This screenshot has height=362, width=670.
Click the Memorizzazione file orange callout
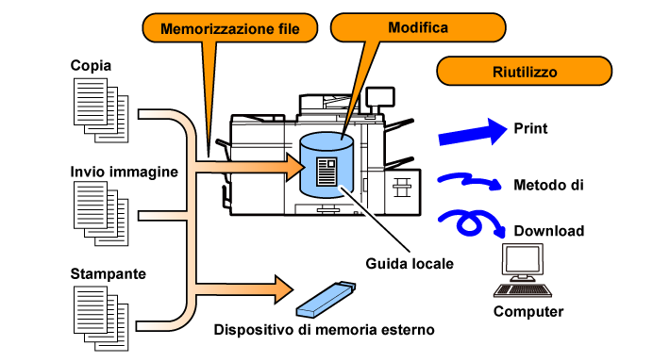(x=230, y=28)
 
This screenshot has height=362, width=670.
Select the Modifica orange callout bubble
(x=418, y=27)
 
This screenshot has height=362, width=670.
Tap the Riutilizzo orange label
(x=525, y=71)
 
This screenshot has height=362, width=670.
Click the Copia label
(x=91, y=65)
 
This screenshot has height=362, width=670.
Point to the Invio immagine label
(x=124, y=172)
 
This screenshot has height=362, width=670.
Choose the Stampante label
(x=109, y=273)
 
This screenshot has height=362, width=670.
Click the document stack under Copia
(x=101, y=110)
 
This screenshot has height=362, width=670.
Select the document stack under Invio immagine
(x=101, y=213)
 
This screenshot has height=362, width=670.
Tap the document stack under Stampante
(x=101, y=319)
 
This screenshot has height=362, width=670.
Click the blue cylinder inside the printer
(x=327, y=165)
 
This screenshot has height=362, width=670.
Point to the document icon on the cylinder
(x=327, y=172)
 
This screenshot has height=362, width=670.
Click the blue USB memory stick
(x=326, y=299)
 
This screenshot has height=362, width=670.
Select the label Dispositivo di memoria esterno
(x=324, y=330)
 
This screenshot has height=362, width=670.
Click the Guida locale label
(x=410, y=263)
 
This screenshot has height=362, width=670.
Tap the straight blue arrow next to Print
(x=473, y=132)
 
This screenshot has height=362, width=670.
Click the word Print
(x=530, y=128)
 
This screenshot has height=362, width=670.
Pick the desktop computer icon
(x=523, y=271)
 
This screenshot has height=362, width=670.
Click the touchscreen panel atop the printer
(x=380, y=96)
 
